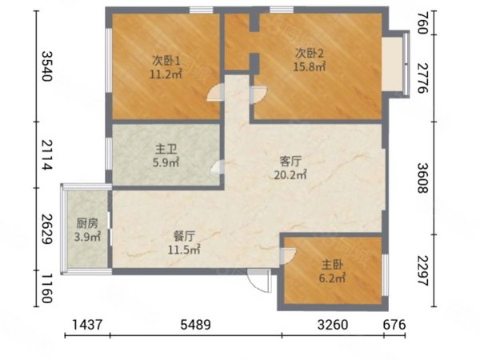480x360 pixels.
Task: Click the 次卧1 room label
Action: [x=166, y=61]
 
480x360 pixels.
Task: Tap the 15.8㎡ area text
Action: [x=310, y=66]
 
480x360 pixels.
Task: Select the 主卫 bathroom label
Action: [x=166, y=150]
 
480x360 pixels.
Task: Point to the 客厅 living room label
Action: [x=290, y=162]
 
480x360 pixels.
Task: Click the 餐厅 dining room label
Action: [x=184, y=236]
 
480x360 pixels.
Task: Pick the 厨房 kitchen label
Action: [x=87, y=223]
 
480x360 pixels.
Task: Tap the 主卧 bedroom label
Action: [x=332, y=265]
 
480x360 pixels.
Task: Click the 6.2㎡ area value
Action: [x=332, y=278]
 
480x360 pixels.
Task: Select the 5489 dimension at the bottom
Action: [x=196, y=325]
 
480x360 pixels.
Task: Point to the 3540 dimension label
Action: [x=47, y=66]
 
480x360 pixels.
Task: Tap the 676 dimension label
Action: [x=394, y=325]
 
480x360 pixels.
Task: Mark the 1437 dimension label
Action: [x=87, y=325]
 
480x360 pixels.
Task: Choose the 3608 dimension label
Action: [x=422, y=178]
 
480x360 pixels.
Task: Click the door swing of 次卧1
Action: [x=215, y=93]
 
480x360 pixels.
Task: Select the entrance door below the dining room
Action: [x=259, y=281]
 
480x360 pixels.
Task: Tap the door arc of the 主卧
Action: [x=288, y=255]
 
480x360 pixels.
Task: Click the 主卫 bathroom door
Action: [x=218, y=167]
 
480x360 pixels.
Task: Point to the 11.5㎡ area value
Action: [x=184, y=250]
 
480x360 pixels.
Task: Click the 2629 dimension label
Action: [x=47, y=229]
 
